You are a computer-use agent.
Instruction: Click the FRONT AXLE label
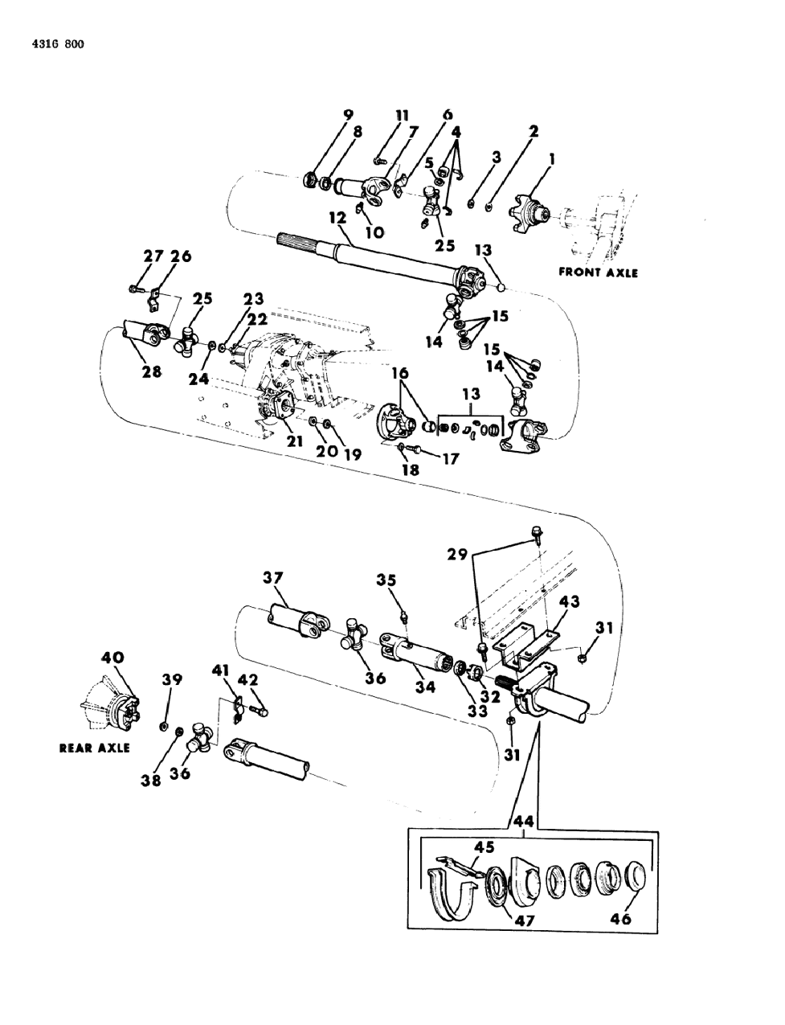(x=598, y=273)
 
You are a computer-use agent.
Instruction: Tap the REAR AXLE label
(x=94, y=747)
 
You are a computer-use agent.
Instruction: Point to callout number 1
(x=552, y=161)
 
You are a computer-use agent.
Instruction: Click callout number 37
(x=273, y=577)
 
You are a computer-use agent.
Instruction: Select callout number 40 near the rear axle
(x=112, y=657)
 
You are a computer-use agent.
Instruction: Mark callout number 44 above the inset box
(x=524, y=822)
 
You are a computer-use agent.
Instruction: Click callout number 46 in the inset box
(x=620, y=919)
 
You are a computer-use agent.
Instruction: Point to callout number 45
(x=484, y=846)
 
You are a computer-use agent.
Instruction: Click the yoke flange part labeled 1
(x=527, y=215)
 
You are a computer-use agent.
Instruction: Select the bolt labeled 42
(x=260, y=711)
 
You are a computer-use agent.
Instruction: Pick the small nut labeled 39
(x=165, y=727)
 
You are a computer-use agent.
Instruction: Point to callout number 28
(x=150, y=372)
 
